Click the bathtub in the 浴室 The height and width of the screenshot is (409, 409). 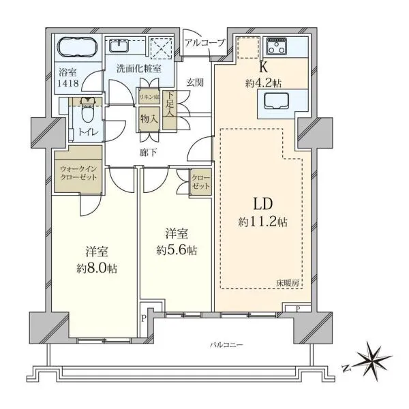click(78, 47)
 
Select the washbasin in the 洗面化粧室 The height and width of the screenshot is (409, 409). click(118, 46)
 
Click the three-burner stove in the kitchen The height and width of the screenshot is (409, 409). click(276, 46)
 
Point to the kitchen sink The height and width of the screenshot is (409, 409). click(276, 101)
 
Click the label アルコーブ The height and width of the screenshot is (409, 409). click(204, 42)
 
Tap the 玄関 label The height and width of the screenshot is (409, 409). click(194, 82)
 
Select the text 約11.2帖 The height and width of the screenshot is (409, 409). click(263, 222)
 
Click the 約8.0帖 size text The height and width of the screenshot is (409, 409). click(97, 269)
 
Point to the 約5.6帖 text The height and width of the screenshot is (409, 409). click(177, 250)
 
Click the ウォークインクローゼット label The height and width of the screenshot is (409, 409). click(78, 173)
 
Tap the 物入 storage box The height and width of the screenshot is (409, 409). click(149, 119)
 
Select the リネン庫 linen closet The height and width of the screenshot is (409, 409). click(149, 97)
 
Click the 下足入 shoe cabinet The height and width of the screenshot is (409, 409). click(170, 110)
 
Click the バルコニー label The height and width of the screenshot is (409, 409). click(226, 346)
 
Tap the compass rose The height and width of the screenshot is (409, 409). click(373, 361)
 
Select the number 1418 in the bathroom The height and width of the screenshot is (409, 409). click(68, 83)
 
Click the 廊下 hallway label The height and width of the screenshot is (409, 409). click(148, 153)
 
